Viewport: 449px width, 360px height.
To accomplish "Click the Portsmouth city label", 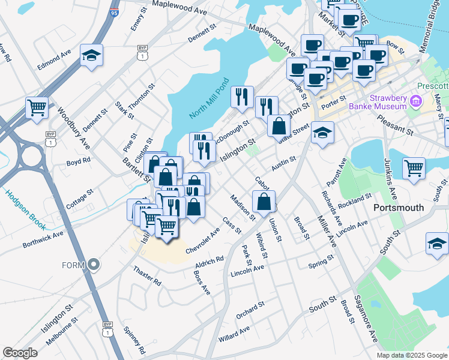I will click(x=399, y=208).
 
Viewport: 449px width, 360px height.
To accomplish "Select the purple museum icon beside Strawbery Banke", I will click(x=416, y=101).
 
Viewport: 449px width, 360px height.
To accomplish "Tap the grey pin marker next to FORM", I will click(x=94, y=263).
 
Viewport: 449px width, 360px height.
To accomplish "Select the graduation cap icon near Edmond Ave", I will click(x=91, y=56).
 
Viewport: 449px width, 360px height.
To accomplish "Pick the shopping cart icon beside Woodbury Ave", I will click(x=37, y=109).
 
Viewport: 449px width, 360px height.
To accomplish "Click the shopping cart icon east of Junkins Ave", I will click(x=414, y=169).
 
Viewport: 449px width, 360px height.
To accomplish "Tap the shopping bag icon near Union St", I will click(x=264, y=202).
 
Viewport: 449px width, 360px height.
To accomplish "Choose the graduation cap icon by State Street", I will click(x=323, y=133).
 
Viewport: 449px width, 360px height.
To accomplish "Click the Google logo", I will click(x=20, y=353).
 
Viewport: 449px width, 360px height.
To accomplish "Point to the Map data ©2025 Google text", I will click(x=412, y=355).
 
